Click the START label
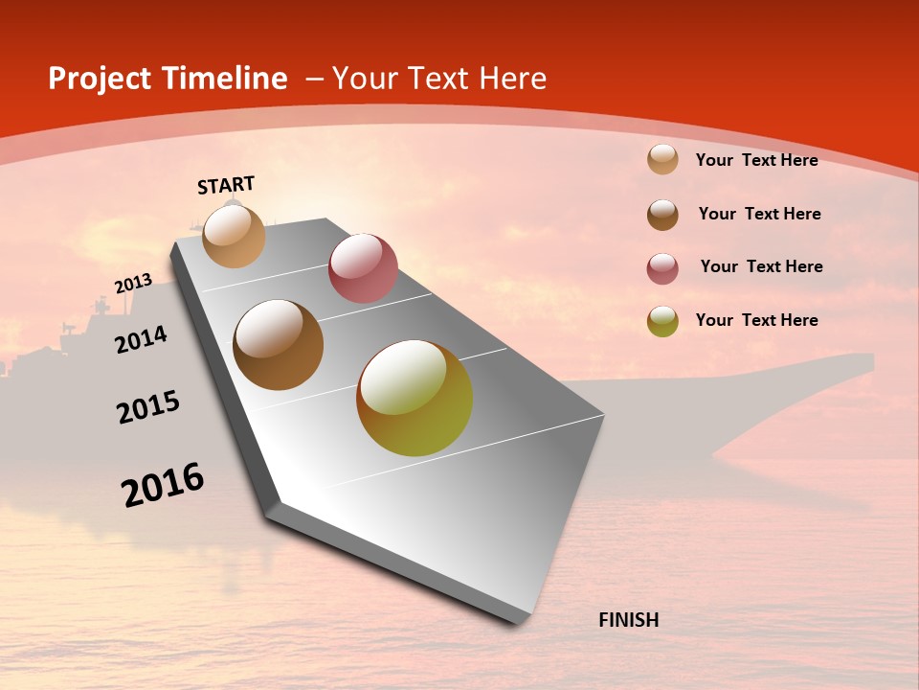226,185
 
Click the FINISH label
628,620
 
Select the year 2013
133,283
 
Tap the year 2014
141,339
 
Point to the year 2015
147,407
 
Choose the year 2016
162,485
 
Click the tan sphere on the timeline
234,237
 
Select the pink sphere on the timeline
363,268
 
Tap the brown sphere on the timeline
279,345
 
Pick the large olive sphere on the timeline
415,398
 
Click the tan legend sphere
662,160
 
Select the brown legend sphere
662,215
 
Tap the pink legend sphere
662,268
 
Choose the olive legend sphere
662,321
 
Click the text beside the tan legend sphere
756,160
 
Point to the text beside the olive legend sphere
756,320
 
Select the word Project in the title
99,79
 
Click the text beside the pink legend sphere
761,266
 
